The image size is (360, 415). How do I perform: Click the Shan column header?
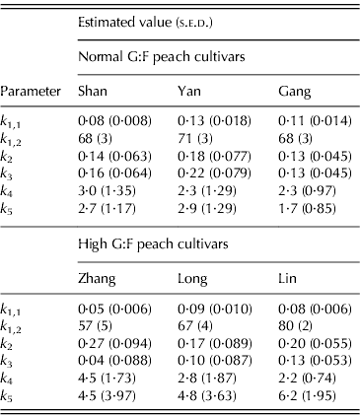pyautogui.click(x=94, y=91)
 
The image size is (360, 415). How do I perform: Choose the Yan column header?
pyautogui.click(x=187, y=91)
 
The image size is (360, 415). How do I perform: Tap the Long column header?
pyautogui.click(x=191, y=279)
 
